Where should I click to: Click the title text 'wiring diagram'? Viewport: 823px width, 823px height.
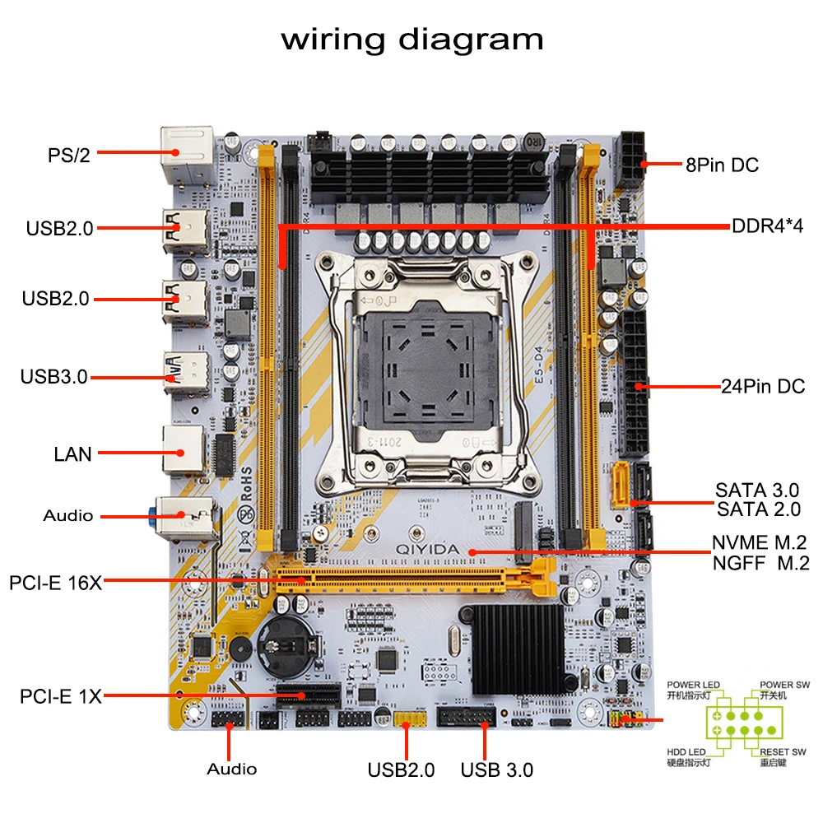pyautogui.click(x=411, y=40)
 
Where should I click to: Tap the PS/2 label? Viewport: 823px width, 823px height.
pyautogui.click(x=67, y=155)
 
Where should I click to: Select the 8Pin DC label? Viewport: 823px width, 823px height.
pyautogui.click(x=722, y=165)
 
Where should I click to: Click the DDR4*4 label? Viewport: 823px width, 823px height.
pyautogui.click(x=766, y=226)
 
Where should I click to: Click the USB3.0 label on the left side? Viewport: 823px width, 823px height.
pyautogui.click(x=53, y=377)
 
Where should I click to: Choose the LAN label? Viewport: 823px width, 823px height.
pyautogui.click(x=72, y=453)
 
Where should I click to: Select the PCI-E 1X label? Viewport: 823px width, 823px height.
pyautogui.click(x=61, y=696)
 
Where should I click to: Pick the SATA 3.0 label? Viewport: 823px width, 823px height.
pyautogui.click(x=757, y=491)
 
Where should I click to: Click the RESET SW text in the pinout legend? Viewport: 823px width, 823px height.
pyautogui.click(x=782, y=751)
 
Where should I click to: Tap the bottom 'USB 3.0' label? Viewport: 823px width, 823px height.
pyautogui.click(x=496, y=770)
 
